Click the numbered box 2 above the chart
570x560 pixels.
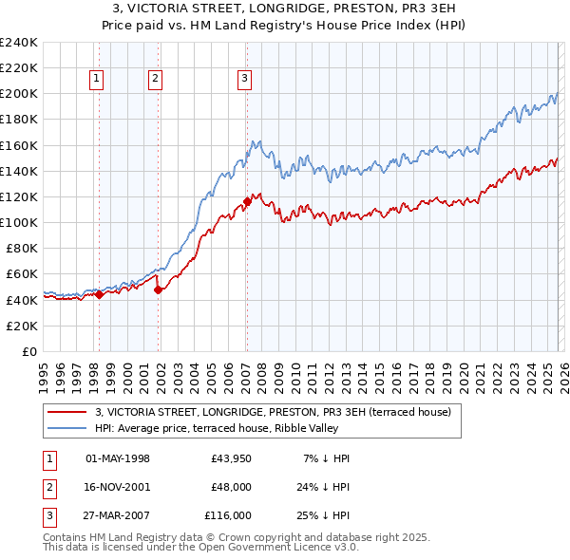point(155,80)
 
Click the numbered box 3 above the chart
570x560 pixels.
point(244,80)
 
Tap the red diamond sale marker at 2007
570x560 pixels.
point(247,201)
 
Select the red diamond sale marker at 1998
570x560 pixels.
point(99,294)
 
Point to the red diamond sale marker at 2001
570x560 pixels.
point(159,289)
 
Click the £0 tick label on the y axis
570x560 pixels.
point(30,351)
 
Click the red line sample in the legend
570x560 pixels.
point(67,412)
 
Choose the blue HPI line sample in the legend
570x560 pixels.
point(67,428)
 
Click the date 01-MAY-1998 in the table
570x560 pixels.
point(118,458)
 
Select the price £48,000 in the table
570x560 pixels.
point(231,487)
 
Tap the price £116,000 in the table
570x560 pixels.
point(228,515)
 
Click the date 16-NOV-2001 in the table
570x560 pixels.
point(118,487)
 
